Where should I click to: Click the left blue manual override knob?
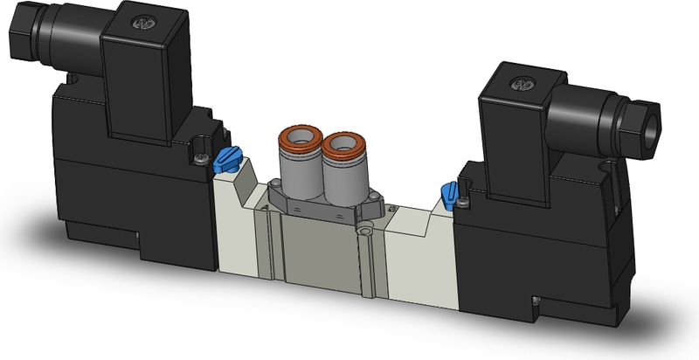(x=225, y=158)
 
